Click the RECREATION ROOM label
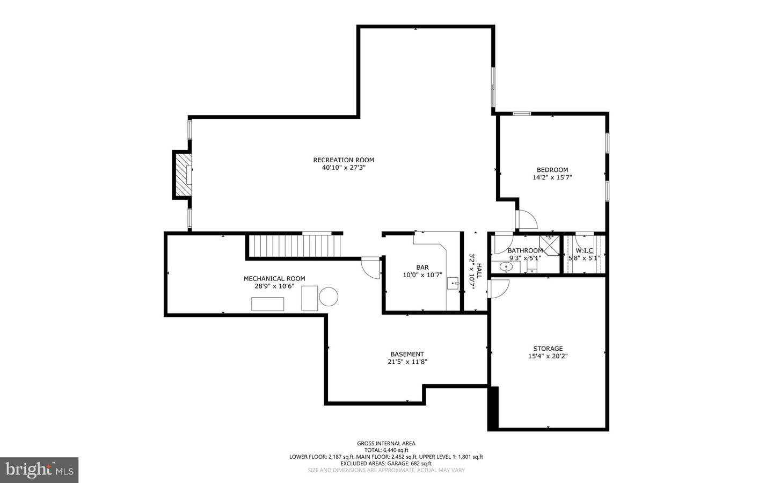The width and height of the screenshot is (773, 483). [x=344, y=160]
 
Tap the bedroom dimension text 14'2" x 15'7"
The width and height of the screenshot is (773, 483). [x=552, y=177]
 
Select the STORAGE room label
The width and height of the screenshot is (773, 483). [x=548, y=348]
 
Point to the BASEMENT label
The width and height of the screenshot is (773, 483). [x=407, y=354]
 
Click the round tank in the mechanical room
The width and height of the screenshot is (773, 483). [x=329, y=297]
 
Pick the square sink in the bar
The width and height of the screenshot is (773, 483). [x=454, y=283]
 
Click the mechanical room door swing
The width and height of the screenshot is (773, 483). [x=371, y=267]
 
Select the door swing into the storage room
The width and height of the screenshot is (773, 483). [x=497, y=290]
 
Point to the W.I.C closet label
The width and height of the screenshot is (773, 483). [x=584, y=250]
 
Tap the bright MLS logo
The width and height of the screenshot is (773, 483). [x=39, y=470]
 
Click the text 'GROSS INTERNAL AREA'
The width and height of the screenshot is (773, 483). [x=386, y=443]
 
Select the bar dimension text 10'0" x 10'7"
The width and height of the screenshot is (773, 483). [x=422, y=275]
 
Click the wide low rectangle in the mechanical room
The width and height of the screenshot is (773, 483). [x=268, y=304]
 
